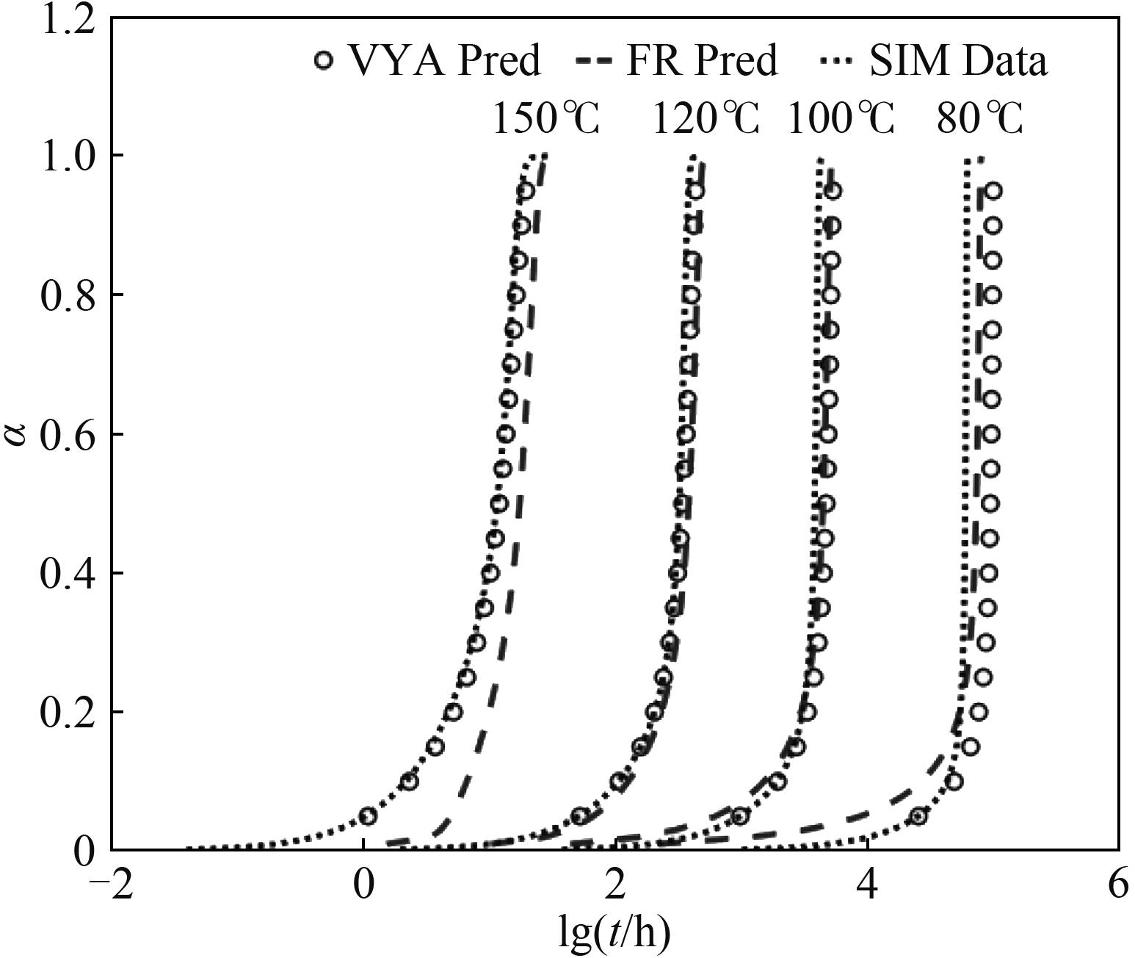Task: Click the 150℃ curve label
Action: (x=545, y=118)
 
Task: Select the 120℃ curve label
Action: (x=706, y=118)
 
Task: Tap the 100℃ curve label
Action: (x=841, y=118)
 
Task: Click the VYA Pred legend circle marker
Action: (x=323, y=60)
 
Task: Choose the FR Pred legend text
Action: (x=701, y=60)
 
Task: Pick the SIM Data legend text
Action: (x=958, y=60)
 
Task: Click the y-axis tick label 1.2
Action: (x=68, y=20)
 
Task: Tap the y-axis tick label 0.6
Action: (x=68, y=434)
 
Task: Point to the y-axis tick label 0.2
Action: (x=68, y=712)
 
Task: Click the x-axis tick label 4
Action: (x=868, y=886)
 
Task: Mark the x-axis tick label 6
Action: (x=1118, y=886)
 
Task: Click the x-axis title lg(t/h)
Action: (x=614, y=932)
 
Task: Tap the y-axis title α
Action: (x=16, y=434)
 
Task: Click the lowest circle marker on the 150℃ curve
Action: (x=368, y=815)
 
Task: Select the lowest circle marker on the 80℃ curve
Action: (x=918, y=815)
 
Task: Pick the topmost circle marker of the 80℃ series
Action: (x=993, y=191)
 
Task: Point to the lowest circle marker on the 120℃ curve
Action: (x=581, y=815)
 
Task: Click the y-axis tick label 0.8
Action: (x=68, y=295)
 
